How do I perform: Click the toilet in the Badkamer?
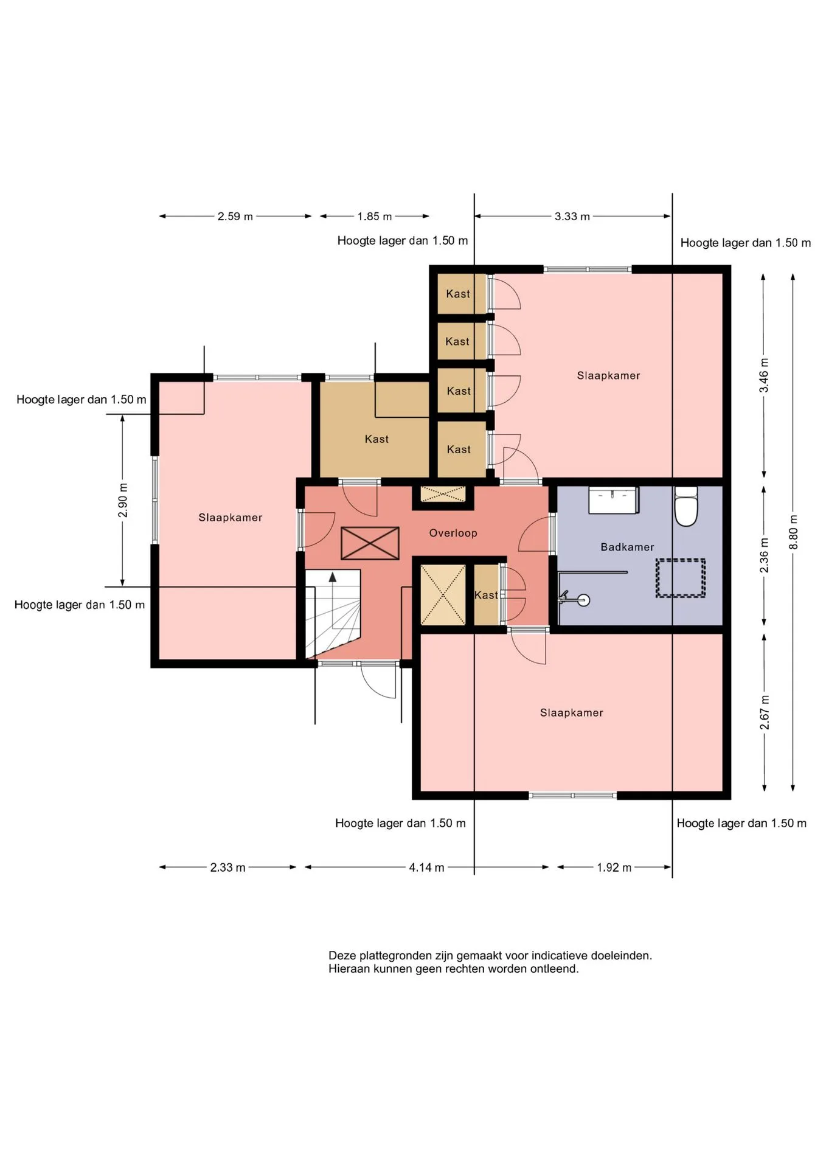686,506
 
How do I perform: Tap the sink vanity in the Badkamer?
613,500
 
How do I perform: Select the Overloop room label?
453,533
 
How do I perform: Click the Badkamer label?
627,547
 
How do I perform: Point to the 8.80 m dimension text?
793,532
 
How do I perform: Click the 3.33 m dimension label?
572,217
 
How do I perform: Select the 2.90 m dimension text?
123,500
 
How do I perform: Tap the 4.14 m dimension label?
426,867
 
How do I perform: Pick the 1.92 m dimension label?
614,867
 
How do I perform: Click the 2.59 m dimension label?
235,217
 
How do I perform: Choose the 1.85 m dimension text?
375,217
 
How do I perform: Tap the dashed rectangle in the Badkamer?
681,578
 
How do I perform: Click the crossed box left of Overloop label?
370,543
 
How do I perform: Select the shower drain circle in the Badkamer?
584,601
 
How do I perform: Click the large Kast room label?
377,439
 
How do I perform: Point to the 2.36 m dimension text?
765,555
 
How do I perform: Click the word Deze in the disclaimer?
342,956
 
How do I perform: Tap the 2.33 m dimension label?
227,867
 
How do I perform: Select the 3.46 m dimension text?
764,375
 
